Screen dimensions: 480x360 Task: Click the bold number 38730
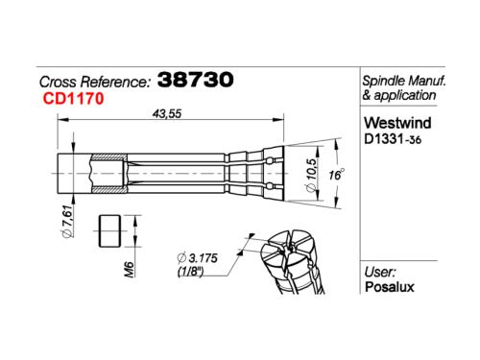[196, 80]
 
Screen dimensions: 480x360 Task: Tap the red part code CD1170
[73, 98]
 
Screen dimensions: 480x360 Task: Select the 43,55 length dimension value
[167, 113]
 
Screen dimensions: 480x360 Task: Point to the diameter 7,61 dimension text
[67, 222]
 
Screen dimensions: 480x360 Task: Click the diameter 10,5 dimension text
[311, 175]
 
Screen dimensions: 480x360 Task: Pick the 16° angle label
[336, 175]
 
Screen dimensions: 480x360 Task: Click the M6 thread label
[129, 270]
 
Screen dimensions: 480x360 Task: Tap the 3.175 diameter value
[198, 258]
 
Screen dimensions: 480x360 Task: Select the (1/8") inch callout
[190, 272]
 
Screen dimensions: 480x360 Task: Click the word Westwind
[397, 123]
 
